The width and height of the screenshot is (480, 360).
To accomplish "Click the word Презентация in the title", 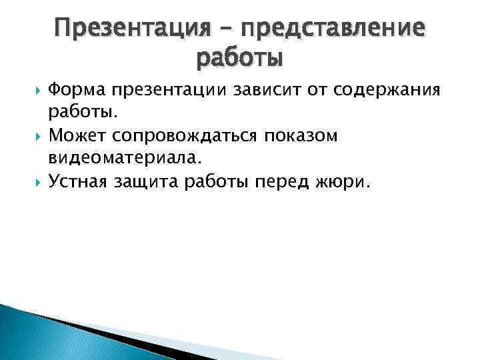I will click(129, 29).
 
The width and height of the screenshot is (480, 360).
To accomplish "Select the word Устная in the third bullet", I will click(80, 182).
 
